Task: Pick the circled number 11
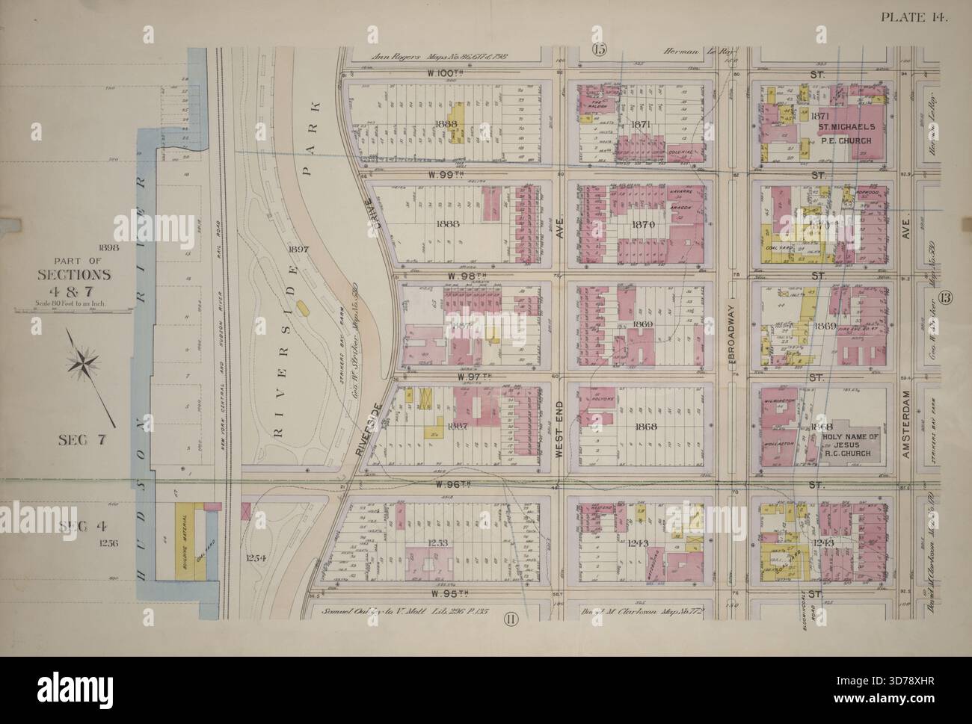click(x=510, y=616)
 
